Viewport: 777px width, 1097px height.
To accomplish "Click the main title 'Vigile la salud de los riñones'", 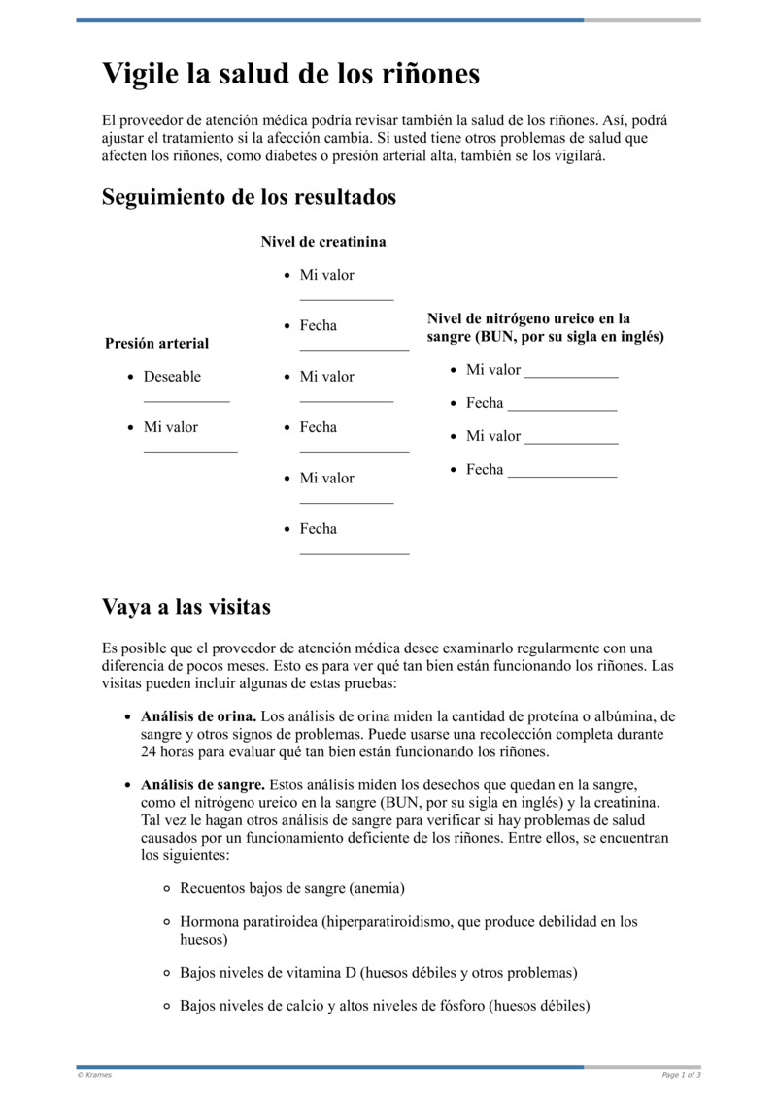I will [x=290, y=74].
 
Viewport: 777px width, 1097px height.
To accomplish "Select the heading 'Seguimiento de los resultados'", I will [x=249, y=197].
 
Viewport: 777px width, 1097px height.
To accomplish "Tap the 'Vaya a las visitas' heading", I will [x=186, y=607].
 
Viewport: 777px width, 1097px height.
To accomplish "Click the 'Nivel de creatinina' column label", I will [x=322, y=242].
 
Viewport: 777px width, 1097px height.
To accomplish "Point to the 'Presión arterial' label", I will [x=156, y=343].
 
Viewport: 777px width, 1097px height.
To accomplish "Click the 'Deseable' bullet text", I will [x=172, y=377].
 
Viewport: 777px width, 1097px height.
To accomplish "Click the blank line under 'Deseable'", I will [x=186, y=399].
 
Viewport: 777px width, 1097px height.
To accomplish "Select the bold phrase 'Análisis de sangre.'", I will [x=202, y=783].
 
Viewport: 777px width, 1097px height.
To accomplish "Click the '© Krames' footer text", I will [x=94, y=1075].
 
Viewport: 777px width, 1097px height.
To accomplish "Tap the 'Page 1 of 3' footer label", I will [x=681, y=1075].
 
